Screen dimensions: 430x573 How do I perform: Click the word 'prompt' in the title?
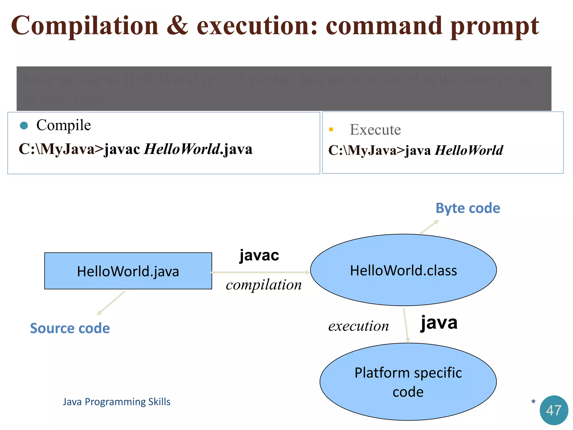click(x=495, y=27)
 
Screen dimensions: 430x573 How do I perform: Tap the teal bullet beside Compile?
click(x=24, y=125)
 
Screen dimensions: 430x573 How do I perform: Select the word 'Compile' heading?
click(x=64, y=125)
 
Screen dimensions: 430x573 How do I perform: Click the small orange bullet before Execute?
click(x=331, y=129)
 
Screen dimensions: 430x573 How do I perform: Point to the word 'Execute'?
click(x=375, y=130)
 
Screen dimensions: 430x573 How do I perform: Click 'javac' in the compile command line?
click(x=122, y=149)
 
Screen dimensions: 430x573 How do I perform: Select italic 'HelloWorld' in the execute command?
click(x=469, y=150)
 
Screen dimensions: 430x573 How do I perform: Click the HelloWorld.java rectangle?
click(x=128, y=271)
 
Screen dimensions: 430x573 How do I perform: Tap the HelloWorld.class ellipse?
click(x=403, y=270)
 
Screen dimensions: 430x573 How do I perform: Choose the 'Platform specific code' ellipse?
click(x=408, y=382)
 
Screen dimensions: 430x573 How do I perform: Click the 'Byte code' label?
click(x=468, y=208)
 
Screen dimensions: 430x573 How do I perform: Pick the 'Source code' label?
click(x=70, y=328)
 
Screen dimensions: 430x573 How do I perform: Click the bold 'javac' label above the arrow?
click(x=259, y=255)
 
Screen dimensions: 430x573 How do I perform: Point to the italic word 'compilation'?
click(x=264, y=285)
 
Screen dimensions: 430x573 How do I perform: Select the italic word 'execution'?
click(x=358, y=326)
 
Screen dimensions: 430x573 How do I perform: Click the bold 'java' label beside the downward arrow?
click(x=439, y=323)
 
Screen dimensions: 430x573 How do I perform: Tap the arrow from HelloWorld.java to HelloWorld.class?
click(x=260, y=272)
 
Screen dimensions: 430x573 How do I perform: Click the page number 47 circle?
click(x=554, y=410)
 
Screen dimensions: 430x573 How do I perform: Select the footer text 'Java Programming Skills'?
click(x=116, y=402)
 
